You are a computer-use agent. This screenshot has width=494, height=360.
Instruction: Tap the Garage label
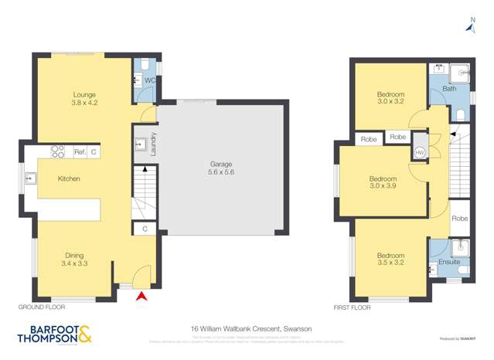click(x=220, y=165)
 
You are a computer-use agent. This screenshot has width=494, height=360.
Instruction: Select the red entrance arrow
click(x=141, y=295)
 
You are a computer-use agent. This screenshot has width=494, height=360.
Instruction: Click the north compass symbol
click(x=469, y=28)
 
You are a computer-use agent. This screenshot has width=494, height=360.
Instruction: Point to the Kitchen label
click(x=69, y=178)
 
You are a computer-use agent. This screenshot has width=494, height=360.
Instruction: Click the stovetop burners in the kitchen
click(x=57, y=152)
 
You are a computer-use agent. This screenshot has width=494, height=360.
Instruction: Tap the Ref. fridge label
click(x=80, y=153)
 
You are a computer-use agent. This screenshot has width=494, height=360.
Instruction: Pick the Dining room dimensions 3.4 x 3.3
click(x=74, y=264)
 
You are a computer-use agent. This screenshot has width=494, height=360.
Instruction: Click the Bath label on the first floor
click(x=448, y=90)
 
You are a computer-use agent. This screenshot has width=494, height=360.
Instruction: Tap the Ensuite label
click(x=449, y=262)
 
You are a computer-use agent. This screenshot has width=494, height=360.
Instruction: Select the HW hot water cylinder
click(x=420, y=151)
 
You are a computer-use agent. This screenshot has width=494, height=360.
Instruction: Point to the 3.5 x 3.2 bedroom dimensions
click(x=390, y=264)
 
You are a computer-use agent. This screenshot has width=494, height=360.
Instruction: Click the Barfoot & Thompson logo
click(x=54, y=335)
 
